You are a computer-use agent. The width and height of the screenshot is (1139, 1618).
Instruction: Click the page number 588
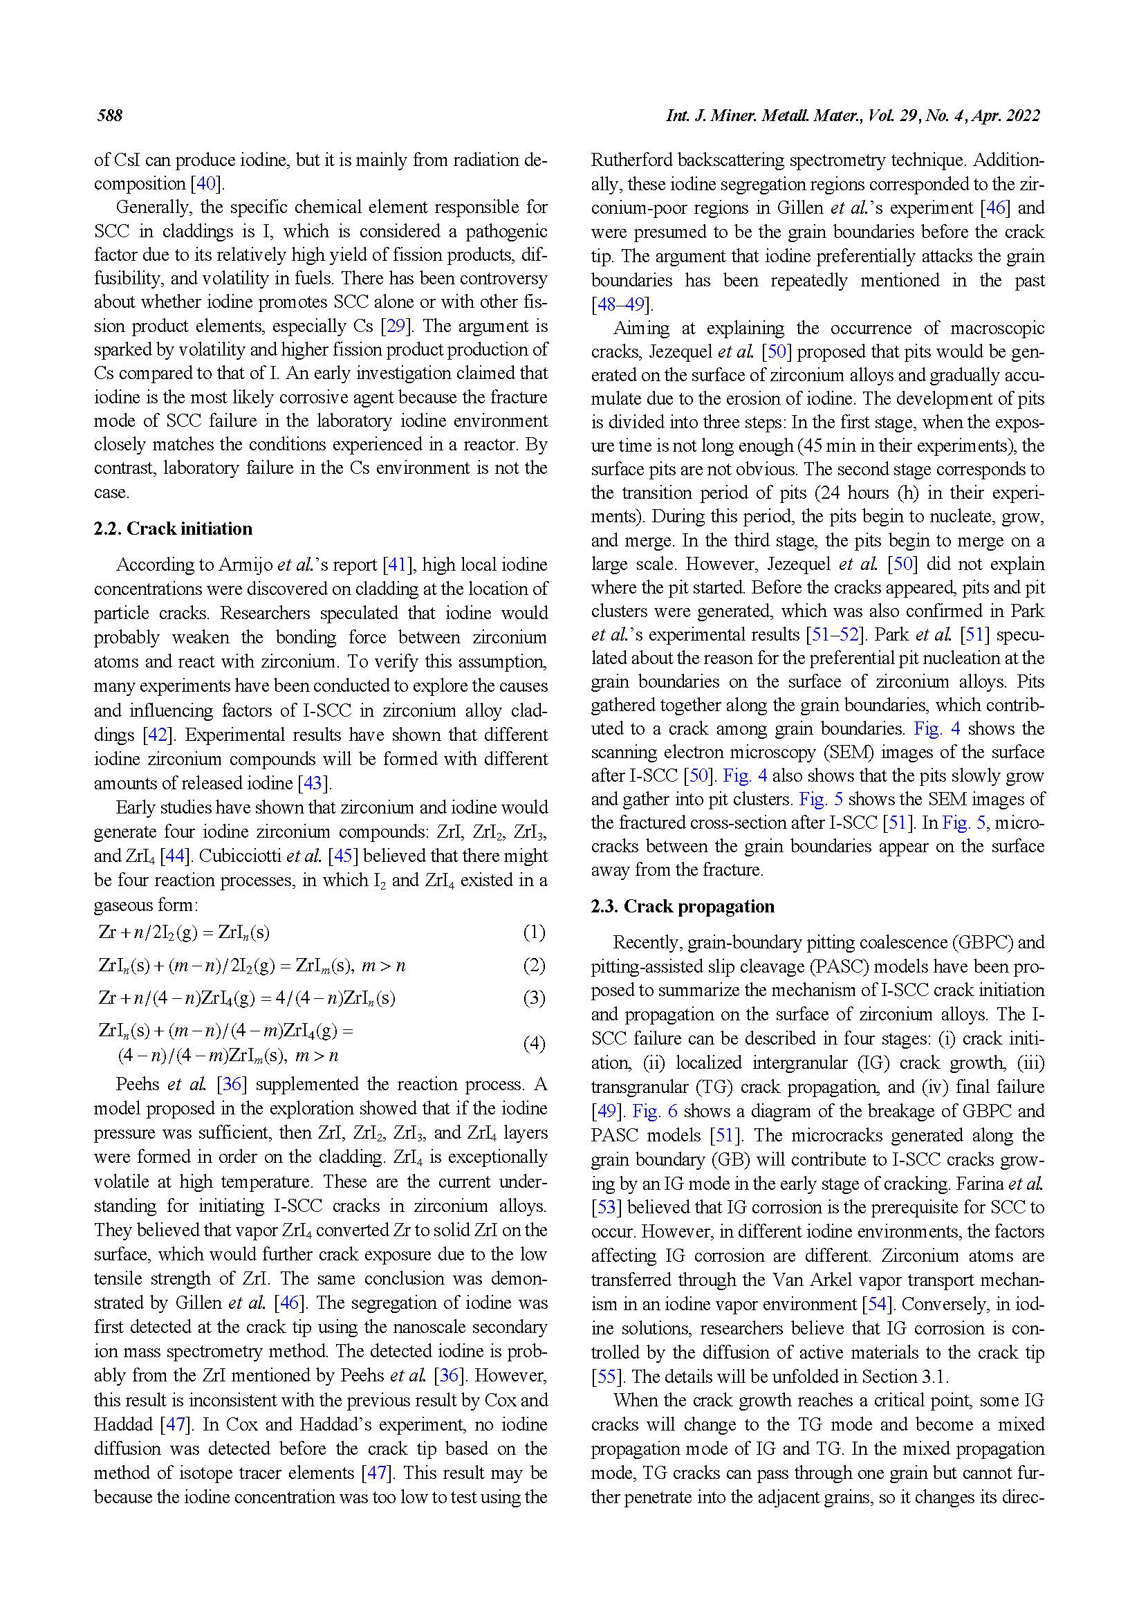[x=110, y=116]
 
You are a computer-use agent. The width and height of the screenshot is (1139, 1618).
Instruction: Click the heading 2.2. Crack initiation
[x=173, y=528]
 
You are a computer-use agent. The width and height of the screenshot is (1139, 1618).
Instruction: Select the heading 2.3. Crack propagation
[x=682, y=906]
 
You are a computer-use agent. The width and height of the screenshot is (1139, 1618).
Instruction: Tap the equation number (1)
[x=533, y=932]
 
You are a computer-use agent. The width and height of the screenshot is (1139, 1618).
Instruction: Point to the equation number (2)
[x=533, y=965]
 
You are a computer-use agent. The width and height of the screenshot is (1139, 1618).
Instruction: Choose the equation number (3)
[x=533, y=998]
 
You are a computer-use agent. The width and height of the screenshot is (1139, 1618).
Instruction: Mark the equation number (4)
[x=533, y=1043]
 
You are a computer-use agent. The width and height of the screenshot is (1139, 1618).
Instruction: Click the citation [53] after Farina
[x=605, y=1207]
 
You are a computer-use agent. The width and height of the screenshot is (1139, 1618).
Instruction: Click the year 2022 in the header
[x=1022, y=116]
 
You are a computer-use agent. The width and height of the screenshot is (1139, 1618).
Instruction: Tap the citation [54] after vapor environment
[x=877, y=1304]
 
